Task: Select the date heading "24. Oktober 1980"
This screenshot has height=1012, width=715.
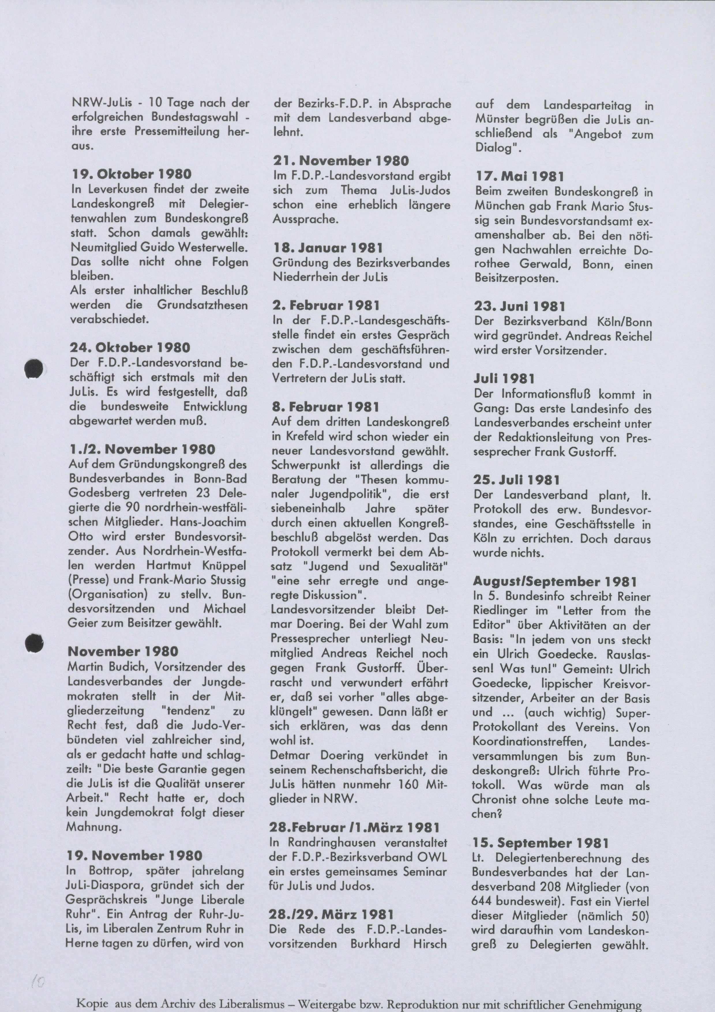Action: pyautogui.click(x=130, y=348)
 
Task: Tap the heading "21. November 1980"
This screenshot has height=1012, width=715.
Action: pyautogui.click(x=341, y=161)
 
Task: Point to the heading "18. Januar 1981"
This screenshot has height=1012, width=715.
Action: pyautogui.click(x=328, y=248)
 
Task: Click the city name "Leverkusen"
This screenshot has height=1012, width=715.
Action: pyautogui.click(x=117, y=190)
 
